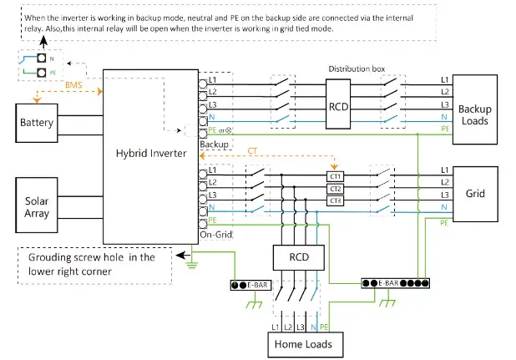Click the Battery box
[x=37, y=123]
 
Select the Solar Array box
[x=37, y=205]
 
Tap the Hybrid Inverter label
[x=151, y=154]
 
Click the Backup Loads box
[x=475, y=109]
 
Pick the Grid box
[x=475, y=194]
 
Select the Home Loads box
[x=306, y=344]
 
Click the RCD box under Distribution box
[x=338, y=104]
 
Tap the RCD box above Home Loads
[x=298, y=257]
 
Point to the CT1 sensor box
[x=335, y=176]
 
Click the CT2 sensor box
[x=335, y=189]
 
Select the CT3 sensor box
[x=335, y=200]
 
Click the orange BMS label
[x=73, y=85]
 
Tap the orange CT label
[x=252, y=150]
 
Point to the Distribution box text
[x=357, y=68]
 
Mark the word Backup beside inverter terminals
[x=215, y=145]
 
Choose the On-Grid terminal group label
[x=216, y=235]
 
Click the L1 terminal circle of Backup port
[x=203, y=84]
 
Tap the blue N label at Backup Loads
[x=444, y=117]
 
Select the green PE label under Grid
[x=444, y=223]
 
